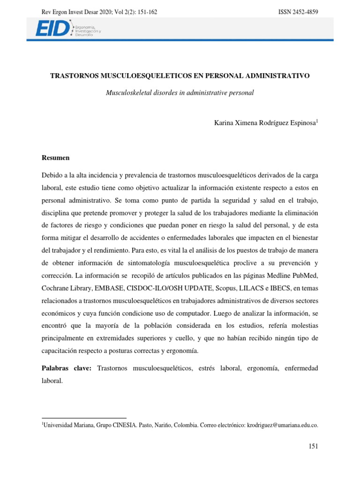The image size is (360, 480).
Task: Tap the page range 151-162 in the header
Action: click(144, 12)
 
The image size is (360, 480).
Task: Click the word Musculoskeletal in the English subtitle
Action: click(129, 93)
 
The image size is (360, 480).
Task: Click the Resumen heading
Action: click(56, 158)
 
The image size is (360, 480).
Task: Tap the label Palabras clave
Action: click(67, 369)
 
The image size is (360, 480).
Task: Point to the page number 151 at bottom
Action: click(313, 447)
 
